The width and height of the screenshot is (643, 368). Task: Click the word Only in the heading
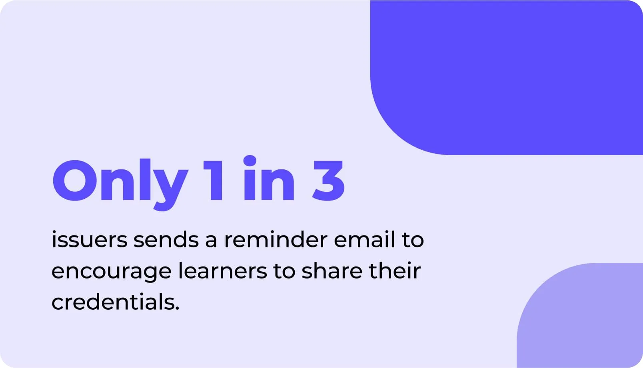120,182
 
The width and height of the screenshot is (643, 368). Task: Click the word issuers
89,240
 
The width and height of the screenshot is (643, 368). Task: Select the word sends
166,240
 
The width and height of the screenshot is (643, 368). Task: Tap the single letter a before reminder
211,241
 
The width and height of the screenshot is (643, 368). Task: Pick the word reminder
276,240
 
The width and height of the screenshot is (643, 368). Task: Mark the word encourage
111,272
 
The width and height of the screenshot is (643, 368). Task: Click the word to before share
284,271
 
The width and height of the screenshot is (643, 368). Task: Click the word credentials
113,302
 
